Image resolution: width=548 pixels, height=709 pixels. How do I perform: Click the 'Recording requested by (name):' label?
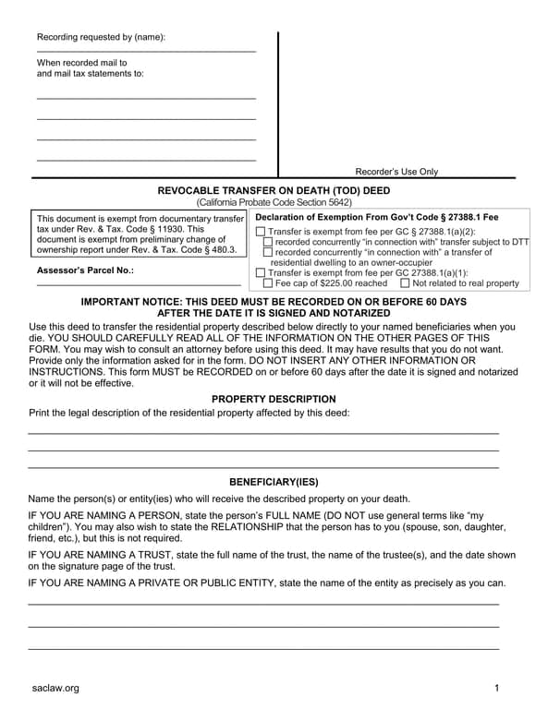pyautogui.click(x=101, y=38)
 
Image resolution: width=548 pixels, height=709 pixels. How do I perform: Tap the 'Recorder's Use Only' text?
pyautogui.click(x=396, y=172)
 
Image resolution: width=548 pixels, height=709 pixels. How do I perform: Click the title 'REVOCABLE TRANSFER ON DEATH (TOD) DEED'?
pyautogui.click(x=274, y=190)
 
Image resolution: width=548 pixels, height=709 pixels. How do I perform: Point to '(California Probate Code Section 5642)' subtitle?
pyautogui.click(x=274, y=202)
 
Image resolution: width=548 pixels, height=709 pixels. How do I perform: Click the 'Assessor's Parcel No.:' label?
pyautogui.click(x=85, y=270)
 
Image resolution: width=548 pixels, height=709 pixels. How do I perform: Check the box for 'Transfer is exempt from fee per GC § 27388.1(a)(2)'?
pyautogui.click(x=260, y=232)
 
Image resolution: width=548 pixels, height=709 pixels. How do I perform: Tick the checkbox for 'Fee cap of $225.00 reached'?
pyautogui.click(x=268, y=283)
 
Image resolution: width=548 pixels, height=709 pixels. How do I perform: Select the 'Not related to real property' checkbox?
pyautogui.click(x=406, y=283)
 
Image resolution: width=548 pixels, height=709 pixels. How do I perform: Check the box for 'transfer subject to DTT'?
pyautogui.click(x=268, y=242)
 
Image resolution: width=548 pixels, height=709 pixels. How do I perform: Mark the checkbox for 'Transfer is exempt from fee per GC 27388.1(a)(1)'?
pyautogui.click(x=260, y=273)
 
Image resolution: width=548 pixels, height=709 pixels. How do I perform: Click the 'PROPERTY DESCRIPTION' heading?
pyautogui.click(x=274, y=398)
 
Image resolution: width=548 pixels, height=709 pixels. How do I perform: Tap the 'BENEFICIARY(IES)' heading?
pyautogui.click(x=274, y=482)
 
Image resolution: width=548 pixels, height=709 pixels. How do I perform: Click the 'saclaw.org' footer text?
pyautogui.click(x=55, y=688)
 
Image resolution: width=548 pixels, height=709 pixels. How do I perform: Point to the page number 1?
pyautogui.click(x=496, y=688)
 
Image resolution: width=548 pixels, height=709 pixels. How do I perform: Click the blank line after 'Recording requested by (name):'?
pyautogui.click(x=146, y=51)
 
